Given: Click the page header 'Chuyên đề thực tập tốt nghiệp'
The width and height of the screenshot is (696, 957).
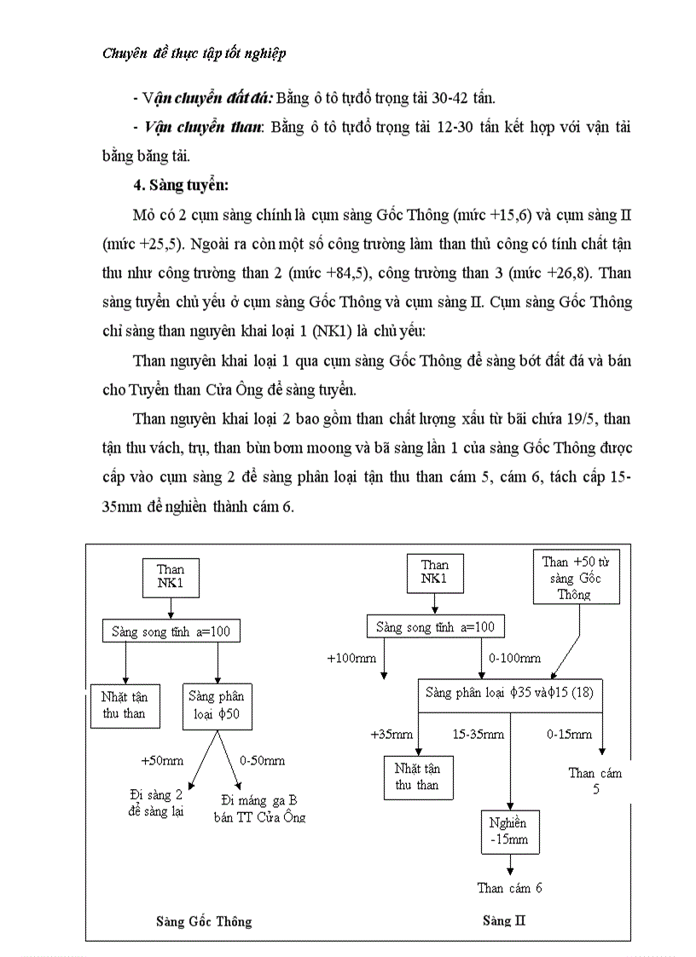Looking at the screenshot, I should [x=194, y=54].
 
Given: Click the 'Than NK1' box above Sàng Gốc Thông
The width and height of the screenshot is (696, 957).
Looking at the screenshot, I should [x=171, y=577].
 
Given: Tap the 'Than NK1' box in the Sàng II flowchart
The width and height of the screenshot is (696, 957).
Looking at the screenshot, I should [x=434, y=573].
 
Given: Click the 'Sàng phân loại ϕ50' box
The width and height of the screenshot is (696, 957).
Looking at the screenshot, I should [x=217, y=705].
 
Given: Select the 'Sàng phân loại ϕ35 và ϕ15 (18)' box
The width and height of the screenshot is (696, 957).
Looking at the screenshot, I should [x=509, y=693].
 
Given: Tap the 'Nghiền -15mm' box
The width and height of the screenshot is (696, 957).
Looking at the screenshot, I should [x=508, y=831].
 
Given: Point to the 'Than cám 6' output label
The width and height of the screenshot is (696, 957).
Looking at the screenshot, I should [x=509, y=888].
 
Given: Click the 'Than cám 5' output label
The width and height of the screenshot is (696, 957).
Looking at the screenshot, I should [x=594, y=781].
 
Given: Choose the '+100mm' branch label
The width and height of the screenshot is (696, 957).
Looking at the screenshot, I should [x=350, y=659].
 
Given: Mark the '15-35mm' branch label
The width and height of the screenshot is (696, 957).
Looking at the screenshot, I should [x=478, y=734].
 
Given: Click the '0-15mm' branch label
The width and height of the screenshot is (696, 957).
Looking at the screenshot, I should [x=569, y=734].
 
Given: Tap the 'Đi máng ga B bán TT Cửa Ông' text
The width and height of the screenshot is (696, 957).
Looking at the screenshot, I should [x=258, y=808].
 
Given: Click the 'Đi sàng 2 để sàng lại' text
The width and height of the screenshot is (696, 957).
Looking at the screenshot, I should [x=155, y=803].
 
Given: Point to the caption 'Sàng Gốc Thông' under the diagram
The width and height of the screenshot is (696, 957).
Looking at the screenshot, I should [x=204, y=921].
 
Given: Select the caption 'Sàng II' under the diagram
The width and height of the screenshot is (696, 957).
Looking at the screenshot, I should [x=497, y=920].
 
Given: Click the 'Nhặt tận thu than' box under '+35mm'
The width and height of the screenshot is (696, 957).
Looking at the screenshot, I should [x=417, y=776].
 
